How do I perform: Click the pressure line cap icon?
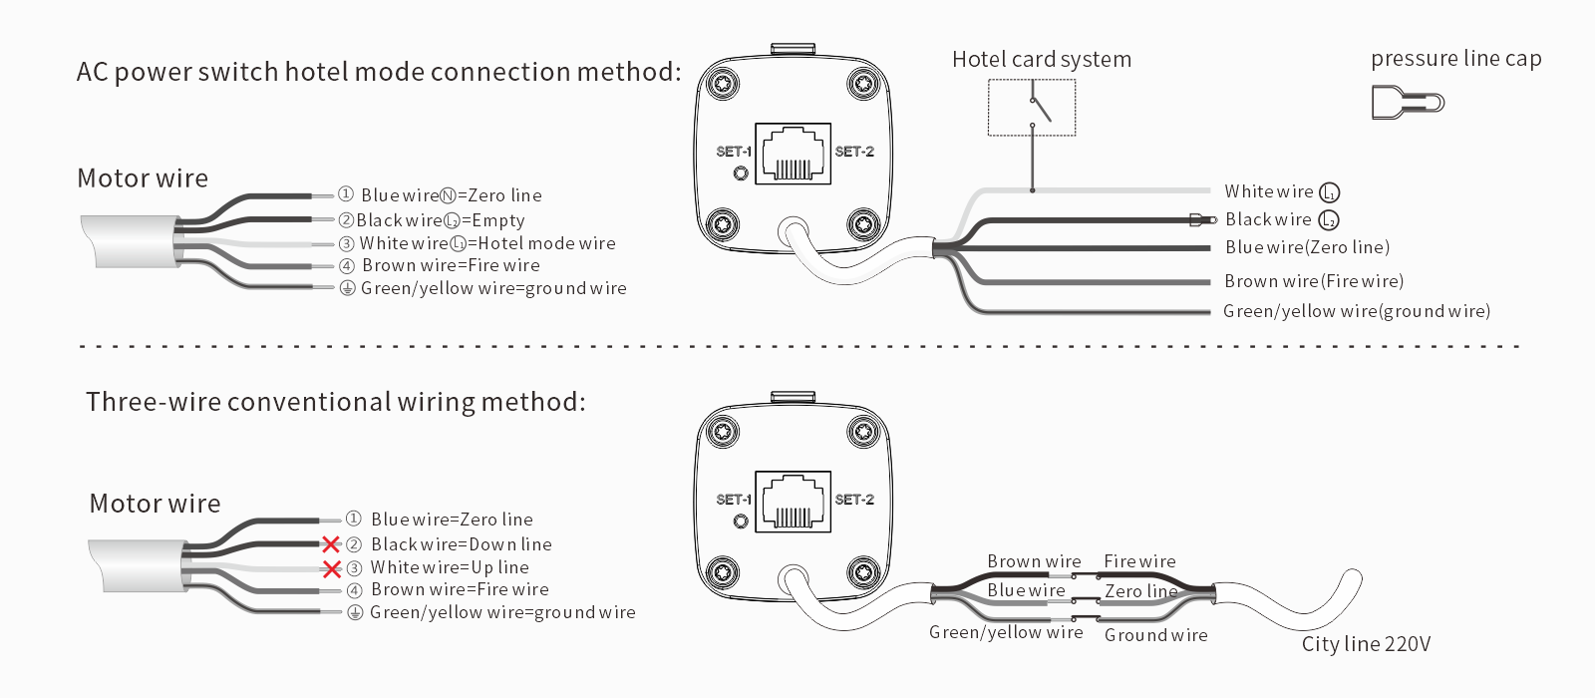coord(1407,102)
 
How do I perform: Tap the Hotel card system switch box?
coord(1032,108)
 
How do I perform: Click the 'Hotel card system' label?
coord(1042,60)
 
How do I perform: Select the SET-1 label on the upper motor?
coord(733,152)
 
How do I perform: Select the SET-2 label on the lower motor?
coord(854,499)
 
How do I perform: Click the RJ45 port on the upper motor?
coord(793,155)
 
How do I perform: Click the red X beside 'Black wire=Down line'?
coord(331,544)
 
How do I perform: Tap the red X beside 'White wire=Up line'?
coord(332,568)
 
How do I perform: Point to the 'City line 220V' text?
coord(1366,644)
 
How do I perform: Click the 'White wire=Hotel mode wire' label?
coord(486,243)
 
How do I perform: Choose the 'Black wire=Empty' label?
coord(440,220)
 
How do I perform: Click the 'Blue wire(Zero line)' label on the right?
coord(1307,247)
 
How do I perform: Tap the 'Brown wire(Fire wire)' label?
coord(1314,281)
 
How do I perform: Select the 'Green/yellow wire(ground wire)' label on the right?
coord(1357,311)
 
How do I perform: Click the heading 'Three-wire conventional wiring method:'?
coord(336,402)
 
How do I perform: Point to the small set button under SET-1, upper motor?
coord(740,174)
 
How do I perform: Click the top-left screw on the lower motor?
coord(722,432)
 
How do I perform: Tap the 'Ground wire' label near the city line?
coord(1155,635)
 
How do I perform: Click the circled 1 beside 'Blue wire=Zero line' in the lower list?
coord(353,519)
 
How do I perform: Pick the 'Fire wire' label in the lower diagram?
coord(1139,561)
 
